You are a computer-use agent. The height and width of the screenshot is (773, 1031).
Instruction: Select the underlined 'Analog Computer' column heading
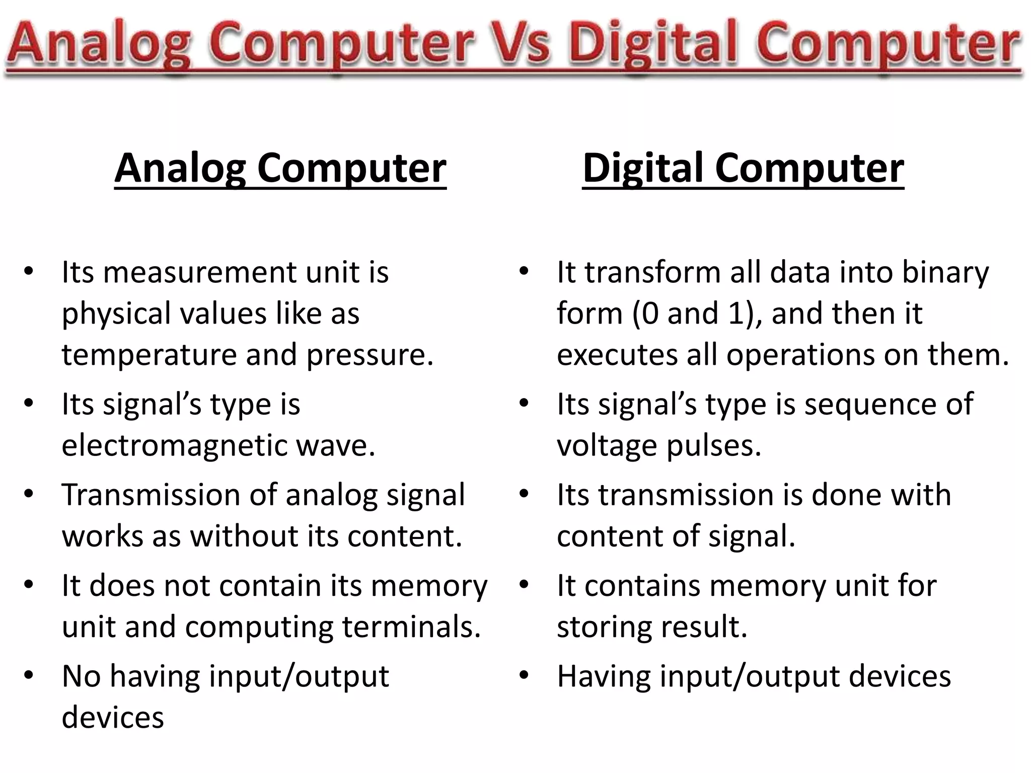(x=280, y=169)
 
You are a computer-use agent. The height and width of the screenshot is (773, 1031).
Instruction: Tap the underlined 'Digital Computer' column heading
(x=743, y=169)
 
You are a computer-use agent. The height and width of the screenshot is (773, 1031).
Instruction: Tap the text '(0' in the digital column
(x=645, y=314)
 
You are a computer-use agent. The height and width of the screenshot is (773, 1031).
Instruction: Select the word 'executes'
(x=617, y=355)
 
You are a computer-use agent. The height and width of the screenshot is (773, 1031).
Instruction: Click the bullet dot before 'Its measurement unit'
(x=29, y=272)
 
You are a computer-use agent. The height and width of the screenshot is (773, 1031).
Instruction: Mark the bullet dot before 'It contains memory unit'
(x=524, y=585)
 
